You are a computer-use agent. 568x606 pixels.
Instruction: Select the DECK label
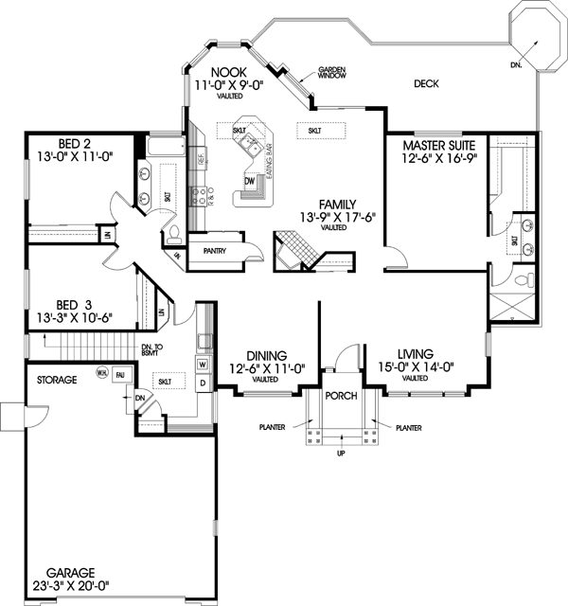pos(426,84)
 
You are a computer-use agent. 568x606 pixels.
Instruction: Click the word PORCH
pos(340,396)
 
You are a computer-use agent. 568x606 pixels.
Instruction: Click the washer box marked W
pos(203,364)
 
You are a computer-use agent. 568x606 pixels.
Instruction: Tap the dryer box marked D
pos(203,382)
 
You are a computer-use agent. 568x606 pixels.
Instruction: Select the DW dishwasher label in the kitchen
pos(250,180)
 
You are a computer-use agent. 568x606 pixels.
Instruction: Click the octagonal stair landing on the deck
pos(536,36)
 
